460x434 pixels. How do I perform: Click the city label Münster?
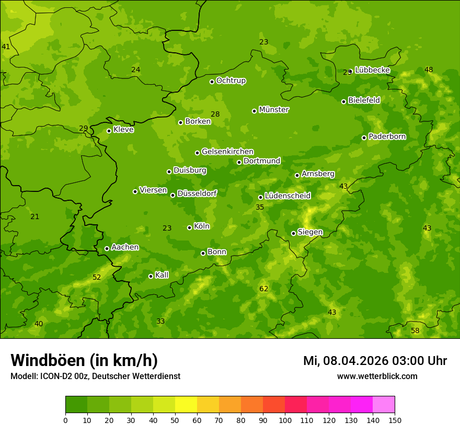[274, 110]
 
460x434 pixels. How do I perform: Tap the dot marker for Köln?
[189, 227]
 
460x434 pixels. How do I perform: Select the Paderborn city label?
[387, 136]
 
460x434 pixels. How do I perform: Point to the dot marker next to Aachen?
[107, 248]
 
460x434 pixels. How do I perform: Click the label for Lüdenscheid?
[288, 196]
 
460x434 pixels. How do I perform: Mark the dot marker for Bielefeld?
[343, 101]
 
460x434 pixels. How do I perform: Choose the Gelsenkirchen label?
[227, 152]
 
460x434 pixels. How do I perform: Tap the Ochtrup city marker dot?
[212, 82]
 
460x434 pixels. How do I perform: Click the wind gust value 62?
[264, 289]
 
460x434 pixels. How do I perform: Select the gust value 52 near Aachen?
[97, 277]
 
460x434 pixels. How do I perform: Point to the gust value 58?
[415, 330]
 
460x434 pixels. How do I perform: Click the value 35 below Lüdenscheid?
[260, 207]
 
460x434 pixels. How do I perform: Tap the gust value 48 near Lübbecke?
[429, 70]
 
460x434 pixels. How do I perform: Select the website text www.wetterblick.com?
[377, 376]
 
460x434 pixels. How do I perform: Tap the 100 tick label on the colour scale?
[285, 420]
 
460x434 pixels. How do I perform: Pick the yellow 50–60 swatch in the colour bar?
[186, 404]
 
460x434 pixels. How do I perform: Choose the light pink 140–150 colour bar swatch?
[384, 404]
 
